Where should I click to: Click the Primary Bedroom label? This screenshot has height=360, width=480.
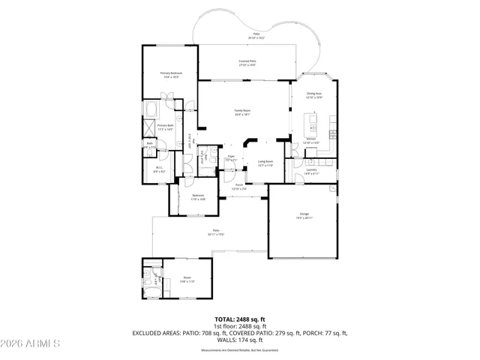[170, 73]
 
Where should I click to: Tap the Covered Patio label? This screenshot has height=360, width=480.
[247, 61]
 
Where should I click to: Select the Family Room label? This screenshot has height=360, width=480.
[242, 111]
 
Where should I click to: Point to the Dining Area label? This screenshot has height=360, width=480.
[314, 94]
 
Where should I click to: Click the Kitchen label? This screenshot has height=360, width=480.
[310, 140]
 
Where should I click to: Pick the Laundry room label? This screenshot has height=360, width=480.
[310, 169]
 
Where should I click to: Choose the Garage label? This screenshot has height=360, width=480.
[302, 214]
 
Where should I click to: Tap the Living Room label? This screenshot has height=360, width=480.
[265, 161]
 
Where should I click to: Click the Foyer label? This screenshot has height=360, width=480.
[232, 157]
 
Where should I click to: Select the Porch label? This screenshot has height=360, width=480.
[239, 185]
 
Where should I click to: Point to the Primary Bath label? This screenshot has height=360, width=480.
[165, 126]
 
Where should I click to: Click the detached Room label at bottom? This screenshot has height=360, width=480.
[187, 279]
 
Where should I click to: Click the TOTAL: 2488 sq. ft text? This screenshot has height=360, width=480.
[239, 319]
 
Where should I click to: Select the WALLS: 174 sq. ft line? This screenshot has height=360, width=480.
[239, 339]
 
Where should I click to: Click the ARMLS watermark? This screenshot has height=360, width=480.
[30, 343]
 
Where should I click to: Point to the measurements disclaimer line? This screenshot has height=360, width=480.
[239, 350]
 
